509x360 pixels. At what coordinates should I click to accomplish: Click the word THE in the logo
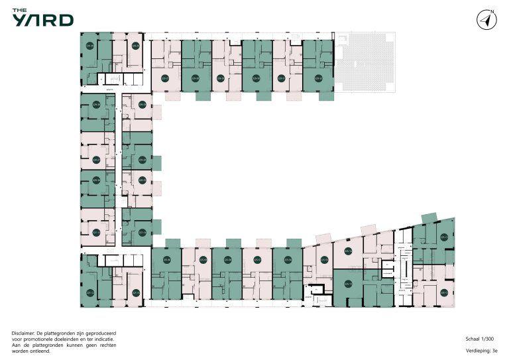point(20,10)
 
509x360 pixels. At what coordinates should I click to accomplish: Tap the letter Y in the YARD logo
point(19,21)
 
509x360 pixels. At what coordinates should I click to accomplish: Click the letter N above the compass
point(492,11)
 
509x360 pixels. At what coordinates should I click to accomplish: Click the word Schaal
point(473,338)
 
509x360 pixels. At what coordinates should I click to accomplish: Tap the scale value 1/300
point(489,338)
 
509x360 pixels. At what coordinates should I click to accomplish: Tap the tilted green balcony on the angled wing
point(429,218)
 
